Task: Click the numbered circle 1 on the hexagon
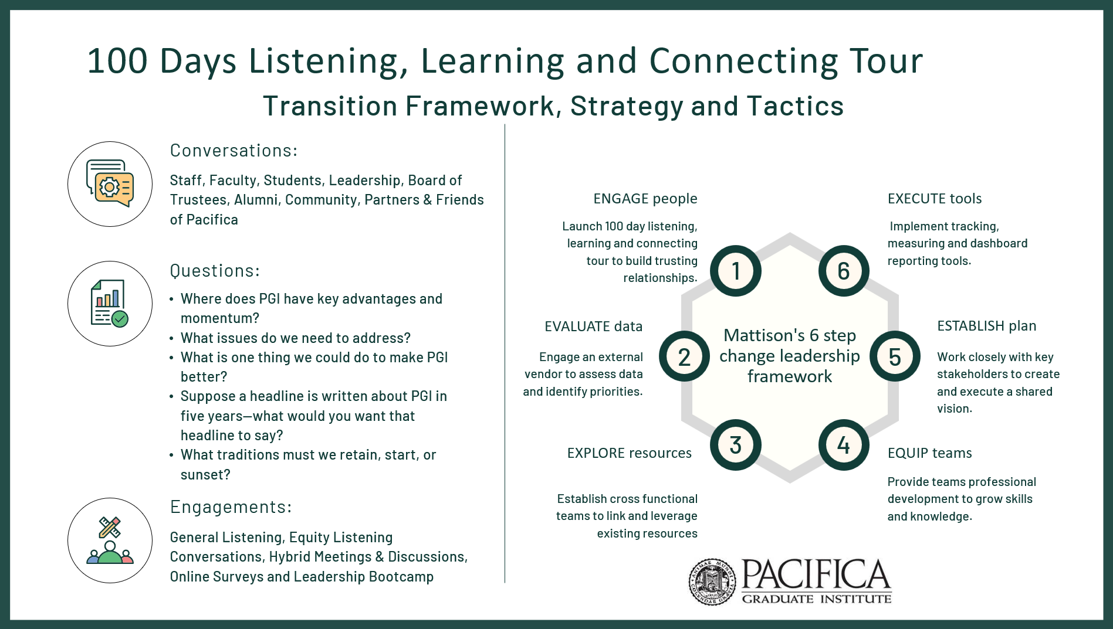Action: point(735,271)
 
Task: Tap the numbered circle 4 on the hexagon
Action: point(844,445)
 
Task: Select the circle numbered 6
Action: point(844,271)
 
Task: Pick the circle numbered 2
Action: point(684,356)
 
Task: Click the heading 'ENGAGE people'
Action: point(645,199)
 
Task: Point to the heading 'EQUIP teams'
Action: point(929,453)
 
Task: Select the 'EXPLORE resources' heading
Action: point(629,453)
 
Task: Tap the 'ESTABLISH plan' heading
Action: point(986,326)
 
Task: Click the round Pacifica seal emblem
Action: point(712,582)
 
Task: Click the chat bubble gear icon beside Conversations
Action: point(110,184)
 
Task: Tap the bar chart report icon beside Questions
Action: point(110,304)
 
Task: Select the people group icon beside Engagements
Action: point(110,540)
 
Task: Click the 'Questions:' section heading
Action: point(215,271)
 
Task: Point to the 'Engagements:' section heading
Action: point(231,507)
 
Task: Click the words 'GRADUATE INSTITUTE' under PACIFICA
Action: point(817,599)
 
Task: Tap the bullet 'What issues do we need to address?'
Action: point(296,338)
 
